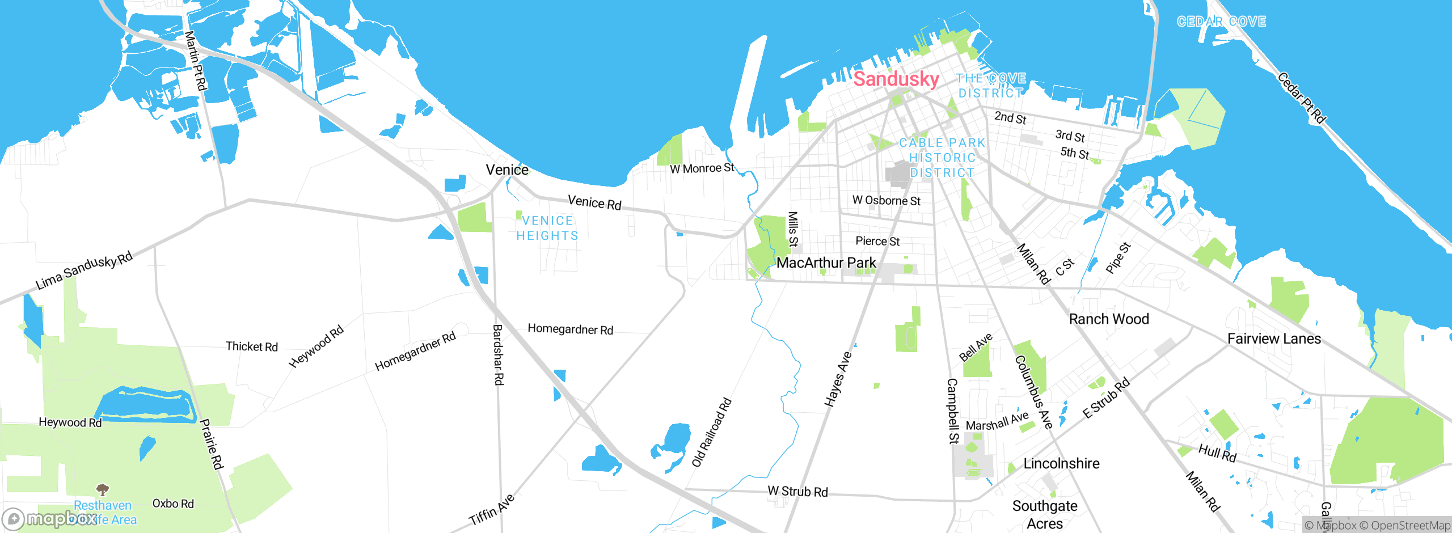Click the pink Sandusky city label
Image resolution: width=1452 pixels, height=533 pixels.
[896, 79]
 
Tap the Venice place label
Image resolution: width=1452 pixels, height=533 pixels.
[507, 170]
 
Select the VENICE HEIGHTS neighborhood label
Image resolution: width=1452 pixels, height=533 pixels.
[547, 228]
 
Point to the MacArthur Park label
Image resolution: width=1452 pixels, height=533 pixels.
[826, 263]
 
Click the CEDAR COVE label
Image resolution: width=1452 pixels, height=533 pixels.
[1221, 22]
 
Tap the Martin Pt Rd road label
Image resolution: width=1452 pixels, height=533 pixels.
[196, 61]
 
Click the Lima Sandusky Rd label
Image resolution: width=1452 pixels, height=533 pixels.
[84, 270]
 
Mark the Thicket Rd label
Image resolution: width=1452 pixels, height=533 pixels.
[252, 346]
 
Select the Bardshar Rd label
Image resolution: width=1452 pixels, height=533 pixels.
[498, 354]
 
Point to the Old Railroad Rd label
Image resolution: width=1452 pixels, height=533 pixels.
[712, 433]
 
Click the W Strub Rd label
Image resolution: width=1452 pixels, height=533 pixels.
[797, 491]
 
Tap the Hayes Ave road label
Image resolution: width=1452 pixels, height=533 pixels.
[838, 379]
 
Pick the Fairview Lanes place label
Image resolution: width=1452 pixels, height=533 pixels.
[1274, 339]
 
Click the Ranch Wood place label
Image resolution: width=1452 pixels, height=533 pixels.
[1109, 319]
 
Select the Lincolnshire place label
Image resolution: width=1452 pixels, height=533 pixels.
[1061, 463]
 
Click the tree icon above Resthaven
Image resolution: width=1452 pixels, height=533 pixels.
[103, 489]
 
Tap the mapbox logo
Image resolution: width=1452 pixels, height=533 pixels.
[50, 519]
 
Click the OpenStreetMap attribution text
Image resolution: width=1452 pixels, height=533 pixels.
[1404, 526]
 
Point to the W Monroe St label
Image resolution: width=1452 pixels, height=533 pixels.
[702, 168]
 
